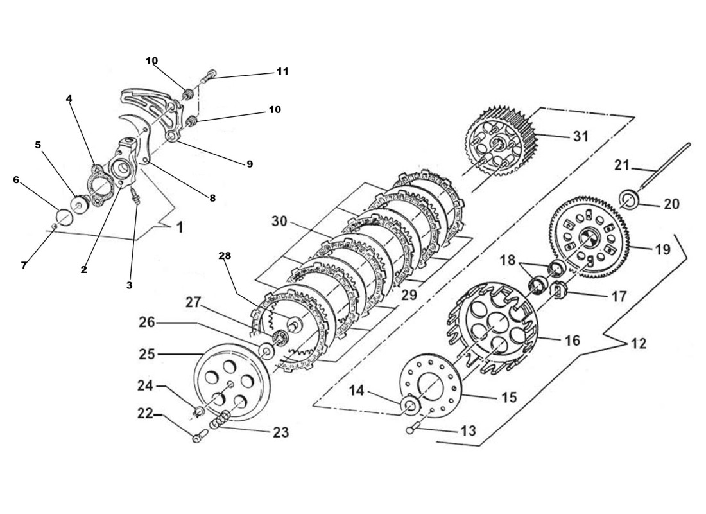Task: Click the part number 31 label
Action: (x=580, y=136)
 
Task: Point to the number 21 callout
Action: (x=621, y=166)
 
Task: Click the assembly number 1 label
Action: (x=179, y=227)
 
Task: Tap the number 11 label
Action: (x=282, y=71)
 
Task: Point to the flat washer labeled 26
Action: (x=264, y=351)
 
